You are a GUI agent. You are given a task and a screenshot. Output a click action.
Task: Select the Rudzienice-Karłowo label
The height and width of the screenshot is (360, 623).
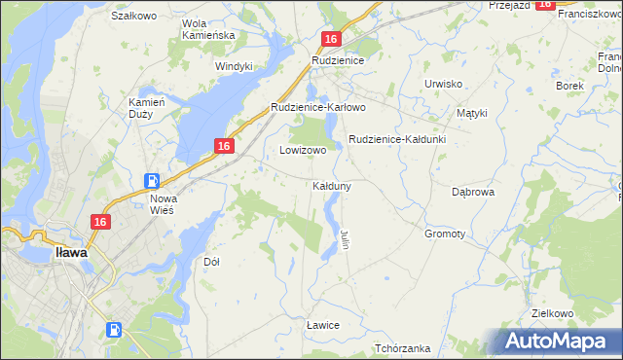pos(317,107)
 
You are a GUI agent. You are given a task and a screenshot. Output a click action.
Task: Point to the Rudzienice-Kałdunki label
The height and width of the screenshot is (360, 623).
pos(397,139)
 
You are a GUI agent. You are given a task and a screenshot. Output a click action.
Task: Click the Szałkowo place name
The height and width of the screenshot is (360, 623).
pos(134,16)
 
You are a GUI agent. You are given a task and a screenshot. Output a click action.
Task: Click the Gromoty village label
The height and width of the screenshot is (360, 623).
pos(445,234)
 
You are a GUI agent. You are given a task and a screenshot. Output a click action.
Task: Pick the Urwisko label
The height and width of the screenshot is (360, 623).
pos(443,84)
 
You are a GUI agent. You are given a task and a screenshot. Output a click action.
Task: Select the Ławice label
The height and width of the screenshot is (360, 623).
pos(322,324)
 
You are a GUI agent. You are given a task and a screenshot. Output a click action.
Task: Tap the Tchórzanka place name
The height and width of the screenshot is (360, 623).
pos(402,348)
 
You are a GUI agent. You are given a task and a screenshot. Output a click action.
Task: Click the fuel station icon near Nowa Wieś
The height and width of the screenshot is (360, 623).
pos(152,181)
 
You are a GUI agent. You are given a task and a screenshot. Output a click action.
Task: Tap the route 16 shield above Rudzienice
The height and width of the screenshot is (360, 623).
pos(331,39)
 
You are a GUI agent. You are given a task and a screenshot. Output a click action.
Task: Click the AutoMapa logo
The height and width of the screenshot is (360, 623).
pos(557,342)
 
